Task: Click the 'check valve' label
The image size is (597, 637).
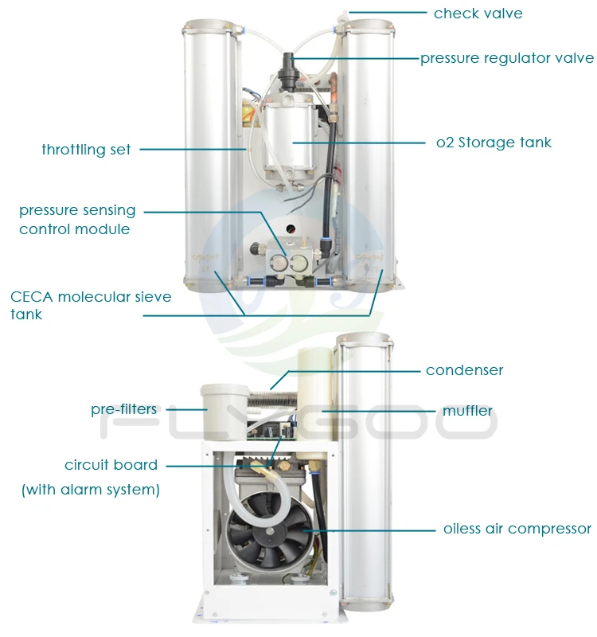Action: (x=478, y=13)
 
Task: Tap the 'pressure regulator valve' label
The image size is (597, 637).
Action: (x=507, y=58)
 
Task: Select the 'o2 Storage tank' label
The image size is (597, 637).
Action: (x=494, y=143)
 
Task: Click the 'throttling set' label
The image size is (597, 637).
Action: (x=86, y=149)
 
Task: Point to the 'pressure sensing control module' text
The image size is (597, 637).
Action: (x=77, y=220)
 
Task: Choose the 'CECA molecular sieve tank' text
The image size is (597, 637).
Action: (x=90, y=305)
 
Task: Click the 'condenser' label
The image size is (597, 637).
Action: (x=464, y=370)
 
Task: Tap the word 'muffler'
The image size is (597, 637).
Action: (x=467, y=411)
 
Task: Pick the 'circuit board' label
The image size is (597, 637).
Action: (x=111, y=465)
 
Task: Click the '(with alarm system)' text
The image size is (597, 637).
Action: (x=90, y=490)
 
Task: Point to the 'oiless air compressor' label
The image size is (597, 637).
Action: (x=517, y=529)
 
